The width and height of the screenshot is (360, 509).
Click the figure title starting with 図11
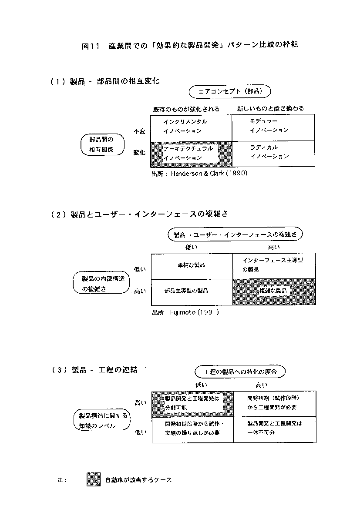(x=190, y=45)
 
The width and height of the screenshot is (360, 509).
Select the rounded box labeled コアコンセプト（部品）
(x=230, y=91)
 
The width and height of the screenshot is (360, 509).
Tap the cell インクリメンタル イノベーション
(x=191, y=128)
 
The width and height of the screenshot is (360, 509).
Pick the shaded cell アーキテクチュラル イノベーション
(x=191, y=154)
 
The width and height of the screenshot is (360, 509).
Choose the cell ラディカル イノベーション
(x=273, y=154)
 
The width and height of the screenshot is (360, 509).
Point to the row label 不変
(x=139, y=131)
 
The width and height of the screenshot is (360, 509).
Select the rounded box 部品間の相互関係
(x=102, y=144)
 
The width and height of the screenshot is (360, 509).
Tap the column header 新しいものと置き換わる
(x=270, y=108)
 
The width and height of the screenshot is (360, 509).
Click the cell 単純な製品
(x=192, y=266)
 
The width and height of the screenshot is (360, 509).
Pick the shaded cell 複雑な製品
(x=274, y=291)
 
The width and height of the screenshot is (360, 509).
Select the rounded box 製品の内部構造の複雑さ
(x=101, y=282)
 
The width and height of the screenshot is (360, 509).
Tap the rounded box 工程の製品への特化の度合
(x=240, y=372)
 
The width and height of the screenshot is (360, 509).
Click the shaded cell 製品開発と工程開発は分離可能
(x=192, y=404)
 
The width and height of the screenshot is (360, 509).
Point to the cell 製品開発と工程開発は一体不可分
(x=275, y=429)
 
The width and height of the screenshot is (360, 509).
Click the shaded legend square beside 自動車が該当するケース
(x=94, y=479)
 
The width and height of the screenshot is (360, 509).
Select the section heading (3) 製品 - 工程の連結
(x=94, y=370)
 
